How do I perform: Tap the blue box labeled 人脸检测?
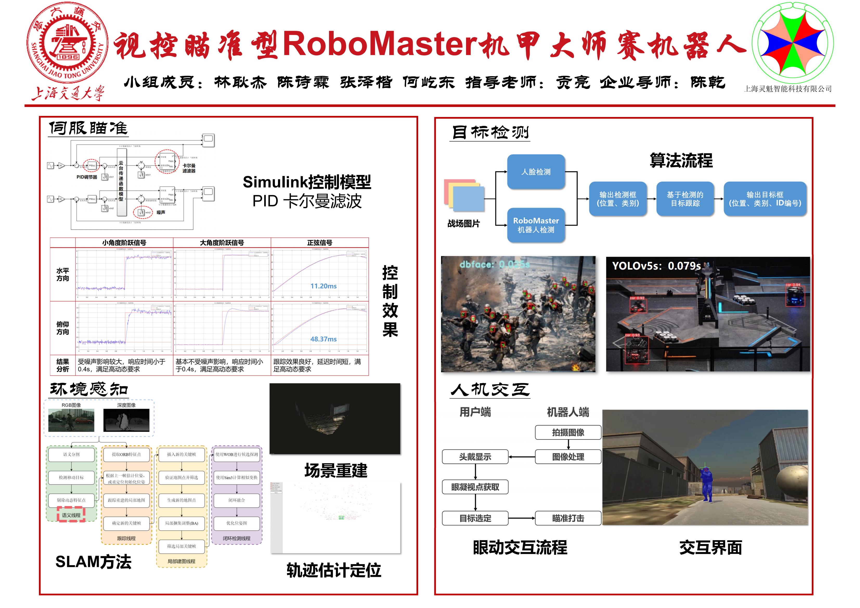[536, 172]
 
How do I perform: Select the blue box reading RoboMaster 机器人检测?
[536, 225]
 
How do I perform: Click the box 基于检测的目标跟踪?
[685, 199]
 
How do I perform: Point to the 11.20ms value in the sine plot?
[323, 286]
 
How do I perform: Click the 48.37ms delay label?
[323, 339]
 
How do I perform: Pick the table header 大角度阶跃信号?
[222, 243]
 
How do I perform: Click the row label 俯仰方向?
[63, 328]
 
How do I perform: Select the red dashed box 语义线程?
[71, 515]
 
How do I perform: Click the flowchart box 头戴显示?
[475, 457]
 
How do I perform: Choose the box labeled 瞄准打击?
[568, 518]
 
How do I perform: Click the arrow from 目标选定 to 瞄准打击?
[521, 518]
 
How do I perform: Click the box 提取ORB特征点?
[126, 454]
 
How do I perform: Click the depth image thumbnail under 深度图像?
[126, 420]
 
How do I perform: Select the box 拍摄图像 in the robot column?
[568, 433]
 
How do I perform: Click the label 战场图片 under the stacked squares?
[463, 224]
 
